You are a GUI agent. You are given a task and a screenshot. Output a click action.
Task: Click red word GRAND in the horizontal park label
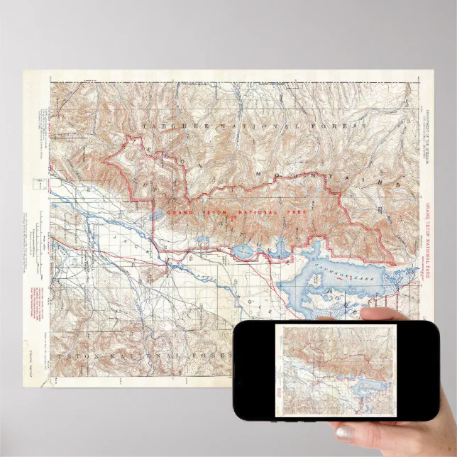pos(181,212)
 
